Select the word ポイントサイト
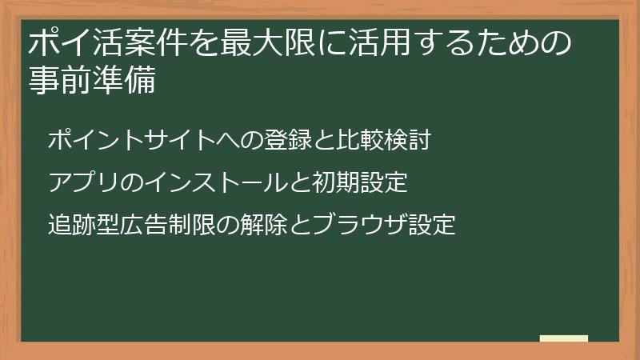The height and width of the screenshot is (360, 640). [x=131, y=141]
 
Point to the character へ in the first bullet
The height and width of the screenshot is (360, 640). [x=228, y=141]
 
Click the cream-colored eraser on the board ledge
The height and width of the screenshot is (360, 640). [x=564, y=338]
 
